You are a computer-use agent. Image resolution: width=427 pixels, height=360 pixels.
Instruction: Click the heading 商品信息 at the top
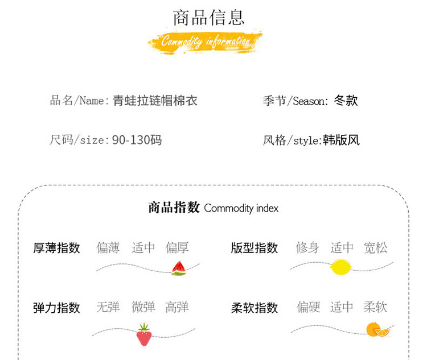pyautogui.click(x=209, y=17)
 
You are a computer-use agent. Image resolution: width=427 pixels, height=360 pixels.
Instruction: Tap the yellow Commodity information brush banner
pyautogui.click(x=205, y=42)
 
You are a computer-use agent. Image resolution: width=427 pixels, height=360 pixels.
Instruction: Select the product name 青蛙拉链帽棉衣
pyautogui.click(x=155, y=101)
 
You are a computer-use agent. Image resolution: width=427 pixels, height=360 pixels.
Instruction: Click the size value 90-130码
pyautogui.click(x=137, y=139)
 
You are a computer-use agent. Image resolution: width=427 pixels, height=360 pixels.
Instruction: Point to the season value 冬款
pyautogui.click(x=346, y=101)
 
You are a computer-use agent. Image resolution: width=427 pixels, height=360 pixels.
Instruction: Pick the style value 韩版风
pyautogui.click(x=341, y=140)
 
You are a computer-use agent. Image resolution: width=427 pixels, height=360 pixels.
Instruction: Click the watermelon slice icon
pyautogui.click(x=179, y=268)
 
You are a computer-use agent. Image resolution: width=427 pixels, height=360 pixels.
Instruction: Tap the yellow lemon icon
pyautogui.click(x=341, y=266)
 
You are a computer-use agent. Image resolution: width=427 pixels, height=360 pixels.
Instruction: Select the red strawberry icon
pyautogui.click(x=143, y=334)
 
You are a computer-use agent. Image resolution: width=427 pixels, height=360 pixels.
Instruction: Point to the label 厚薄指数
pyautogui.click(x=56, y=248)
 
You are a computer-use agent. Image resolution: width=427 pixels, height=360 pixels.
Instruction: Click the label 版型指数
pyautogui.click(x=254, y=248)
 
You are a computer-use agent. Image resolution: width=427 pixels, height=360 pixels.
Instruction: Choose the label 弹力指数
pyautogui.click(x=56, y=308)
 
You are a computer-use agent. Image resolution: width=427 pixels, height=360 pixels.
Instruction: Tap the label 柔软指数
pyautogui.click(x=254, y=308)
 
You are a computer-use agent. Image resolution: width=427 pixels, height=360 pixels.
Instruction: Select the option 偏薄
pyautogui.click(x=108, y=248)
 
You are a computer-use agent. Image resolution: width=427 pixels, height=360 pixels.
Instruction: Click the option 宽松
pyautogui.click(x=375, y=248)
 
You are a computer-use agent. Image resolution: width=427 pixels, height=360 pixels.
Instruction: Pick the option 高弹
pyautogui.click(x=177, y=307)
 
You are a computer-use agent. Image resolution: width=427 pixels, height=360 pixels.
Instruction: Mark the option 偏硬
pyautogui.click(x=308, y=307)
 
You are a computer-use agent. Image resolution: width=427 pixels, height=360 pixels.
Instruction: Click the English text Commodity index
pyautogui.click(x=241, y=208)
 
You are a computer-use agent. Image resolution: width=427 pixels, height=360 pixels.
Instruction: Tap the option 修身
pyautogui.click(x=307, y=248)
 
